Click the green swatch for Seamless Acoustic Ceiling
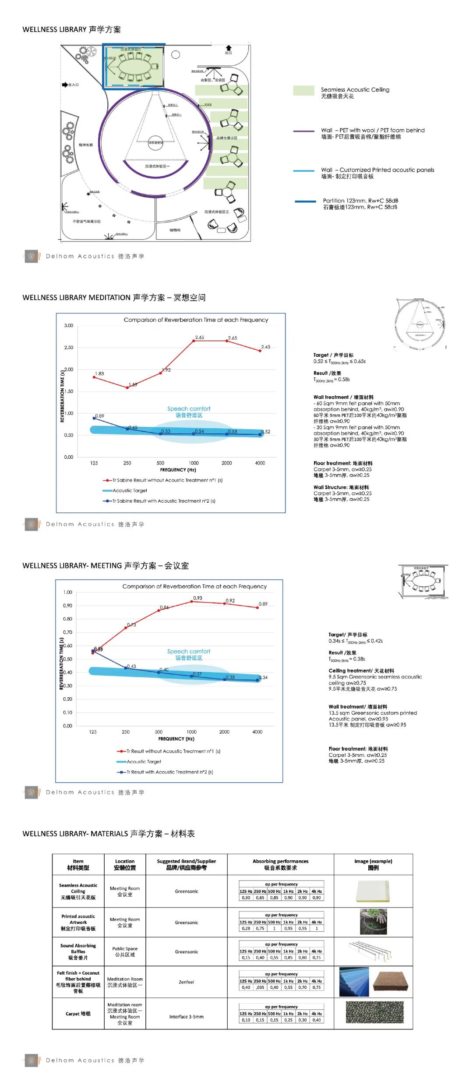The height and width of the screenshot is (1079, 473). click(304, 90)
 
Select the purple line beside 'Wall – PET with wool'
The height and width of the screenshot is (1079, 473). click(304, 131)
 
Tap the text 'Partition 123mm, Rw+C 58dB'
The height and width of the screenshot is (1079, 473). click(360, 201)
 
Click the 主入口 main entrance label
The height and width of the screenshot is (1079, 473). click(73, 85)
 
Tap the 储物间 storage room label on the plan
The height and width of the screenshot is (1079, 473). click(175, 230)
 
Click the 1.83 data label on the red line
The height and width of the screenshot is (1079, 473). click(100, 374)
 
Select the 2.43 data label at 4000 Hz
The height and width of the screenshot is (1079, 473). click(266, 347)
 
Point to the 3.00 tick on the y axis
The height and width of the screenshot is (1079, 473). click(69, 326)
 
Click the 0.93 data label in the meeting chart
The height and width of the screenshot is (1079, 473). click(198, 598)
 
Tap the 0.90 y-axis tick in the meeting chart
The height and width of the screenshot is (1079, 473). click(67, 606)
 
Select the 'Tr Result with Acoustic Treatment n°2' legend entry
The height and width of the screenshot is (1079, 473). click(165, 772)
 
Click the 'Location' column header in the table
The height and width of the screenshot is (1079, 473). click(125, 864)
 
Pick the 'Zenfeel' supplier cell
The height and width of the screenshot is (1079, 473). click(186, 982)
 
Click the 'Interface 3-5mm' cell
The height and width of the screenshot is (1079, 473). click(186, 1017)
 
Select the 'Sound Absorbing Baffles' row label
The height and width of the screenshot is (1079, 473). click(78, 951)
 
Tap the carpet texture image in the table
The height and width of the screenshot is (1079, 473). click(374, 1012)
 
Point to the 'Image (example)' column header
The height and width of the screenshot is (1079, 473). click(373, 864)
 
